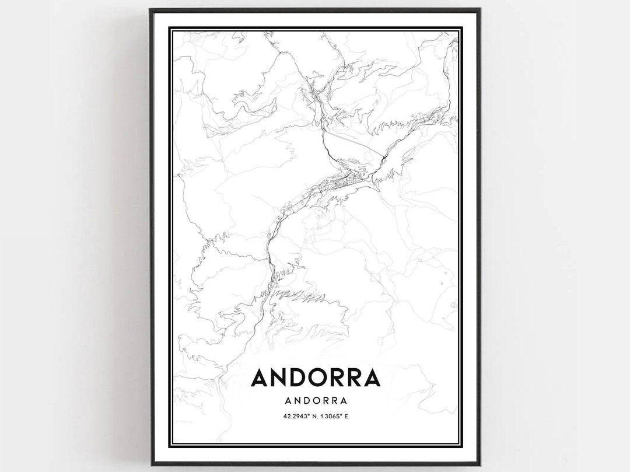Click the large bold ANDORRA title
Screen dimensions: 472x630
coord(316,378)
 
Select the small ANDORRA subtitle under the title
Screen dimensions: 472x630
coord(316,401)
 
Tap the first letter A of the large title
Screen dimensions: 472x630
coord(260,378)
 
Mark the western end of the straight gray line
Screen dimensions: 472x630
coord(324,131)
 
